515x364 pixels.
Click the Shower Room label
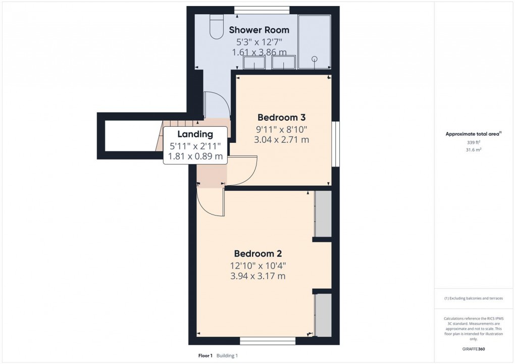[259, 30]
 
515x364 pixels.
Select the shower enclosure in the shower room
[315, 42]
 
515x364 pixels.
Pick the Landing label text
[195, 134]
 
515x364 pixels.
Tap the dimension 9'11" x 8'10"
[282, 129]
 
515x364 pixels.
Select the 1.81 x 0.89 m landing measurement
[195, 156]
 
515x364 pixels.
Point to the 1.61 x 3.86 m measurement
[259, 52]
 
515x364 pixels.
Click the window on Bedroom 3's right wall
[335, 143]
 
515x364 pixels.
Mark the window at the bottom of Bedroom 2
[268, 341]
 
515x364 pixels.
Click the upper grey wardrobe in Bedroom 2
[323, 214]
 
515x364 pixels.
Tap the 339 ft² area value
[473, 143]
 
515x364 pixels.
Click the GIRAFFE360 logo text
[473, 349]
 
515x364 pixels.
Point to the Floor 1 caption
[205, 356]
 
